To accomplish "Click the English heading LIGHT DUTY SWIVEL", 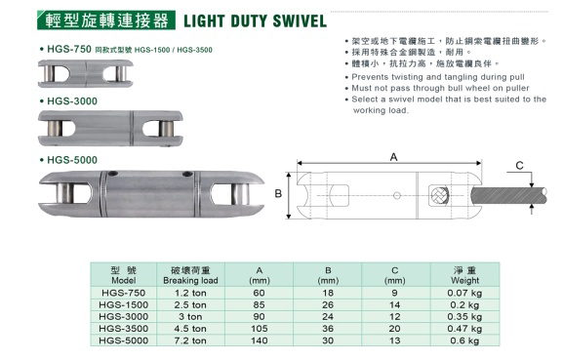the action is pos(255,20).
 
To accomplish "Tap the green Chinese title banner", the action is pos(106,20).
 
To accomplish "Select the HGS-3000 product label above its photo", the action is pos(72,101).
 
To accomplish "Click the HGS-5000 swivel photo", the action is pos(151,194).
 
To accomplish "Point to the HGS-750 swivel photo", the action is pos(86,73).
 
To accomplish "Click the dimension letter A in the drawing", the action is pos(394,157).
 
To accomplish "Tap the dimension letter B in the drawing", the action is pos(278,194).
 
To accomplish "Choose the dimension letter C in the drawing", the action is pos(519,166).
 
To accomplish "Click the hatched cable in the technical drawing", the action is pos(509,196).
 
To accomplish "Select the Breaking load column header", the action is pos(190,275).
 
